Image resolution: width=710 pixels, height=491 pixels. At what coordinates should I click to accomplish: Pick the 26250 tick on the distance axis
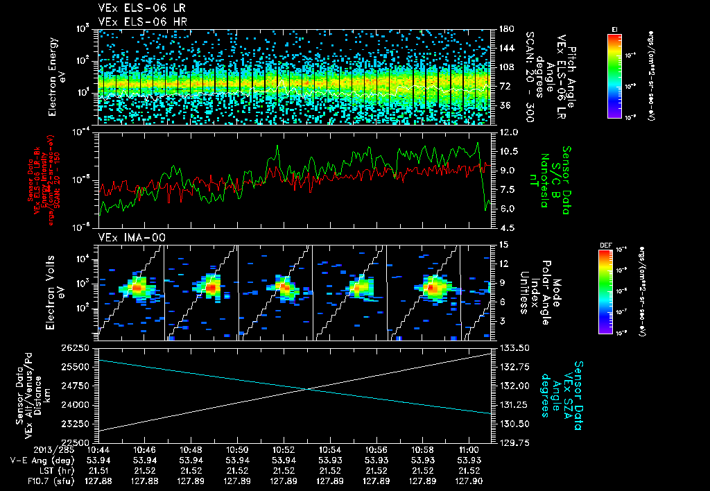(x=76, y=347)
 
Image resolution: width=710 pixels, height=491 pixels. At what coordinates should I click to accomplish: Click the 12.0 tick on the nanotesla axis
(x=508, y=132)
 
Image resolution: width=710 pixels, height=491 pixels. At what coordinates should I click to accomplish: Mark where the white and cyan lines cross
(x=307, y=388)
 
